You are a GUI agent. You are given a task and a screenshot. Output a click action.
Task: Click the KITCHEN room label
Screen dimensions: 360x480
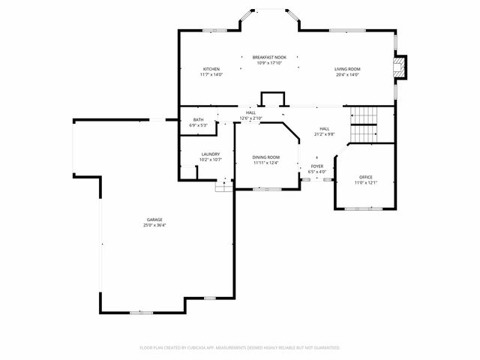coord(210,69)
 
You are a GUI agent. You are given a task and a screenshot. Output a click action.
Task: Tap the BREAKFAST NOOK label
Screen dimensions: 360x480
coord(268,57)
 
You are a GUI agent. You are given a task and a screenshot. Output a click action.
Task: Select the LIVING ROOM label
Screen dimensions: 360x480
coord(347,69)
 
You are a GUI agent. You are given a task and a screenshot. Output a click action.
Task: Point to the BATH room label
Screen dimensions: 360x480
coord(198,119)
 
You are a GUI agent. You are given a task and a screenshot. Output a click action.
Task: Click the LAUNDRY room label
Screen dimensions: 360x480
coord(210,154)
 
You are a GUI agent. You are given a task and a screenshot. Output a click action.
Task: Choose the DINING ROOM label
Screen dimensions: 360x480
coord(265,157)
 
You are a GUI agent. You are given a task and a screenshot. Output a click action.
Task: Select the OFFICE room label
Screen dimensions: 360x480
coord(365,177)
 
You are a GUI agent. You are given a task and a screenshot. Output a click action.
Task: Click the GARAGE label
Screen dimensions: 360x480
coord(154,220)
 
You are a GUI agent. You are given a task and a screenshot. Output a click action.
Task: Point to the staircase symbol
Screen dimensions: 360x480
coord(366,124)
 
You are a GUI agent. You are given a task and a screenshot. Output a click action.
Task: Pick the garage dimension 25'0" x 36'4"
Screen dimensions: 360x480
coord(154,225)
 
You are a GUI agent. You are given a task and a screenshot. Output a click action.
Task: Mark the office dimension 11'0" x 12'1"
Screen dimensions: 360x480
coord(365,182)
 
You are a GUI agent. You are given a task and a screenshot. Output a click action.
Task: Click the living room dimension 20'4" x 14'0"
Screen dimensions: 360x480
coord(347,74)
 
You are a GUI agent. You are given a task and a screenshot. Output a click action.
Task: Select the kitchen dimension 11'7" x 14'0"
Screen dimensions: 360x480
coord(210,74)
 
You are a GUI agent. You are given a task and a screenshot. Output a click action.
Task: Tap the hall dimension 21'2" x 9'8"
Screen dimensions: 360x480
coord(324,134)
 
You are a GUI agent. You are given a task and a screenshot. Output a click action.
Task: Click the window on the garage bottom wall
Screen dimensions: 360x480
coord(141,312)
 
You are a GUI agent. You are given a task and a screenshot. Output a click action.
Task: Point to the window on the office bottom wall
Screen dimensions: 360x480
coord(364,207)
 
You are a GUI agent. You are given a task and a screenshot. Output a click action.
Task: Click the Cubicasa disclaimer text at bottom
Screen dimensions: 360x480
coord(240,347)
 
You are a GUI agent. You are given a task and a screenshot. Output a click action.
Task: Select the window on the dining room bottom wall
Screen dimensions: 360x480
coord(265,189)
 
